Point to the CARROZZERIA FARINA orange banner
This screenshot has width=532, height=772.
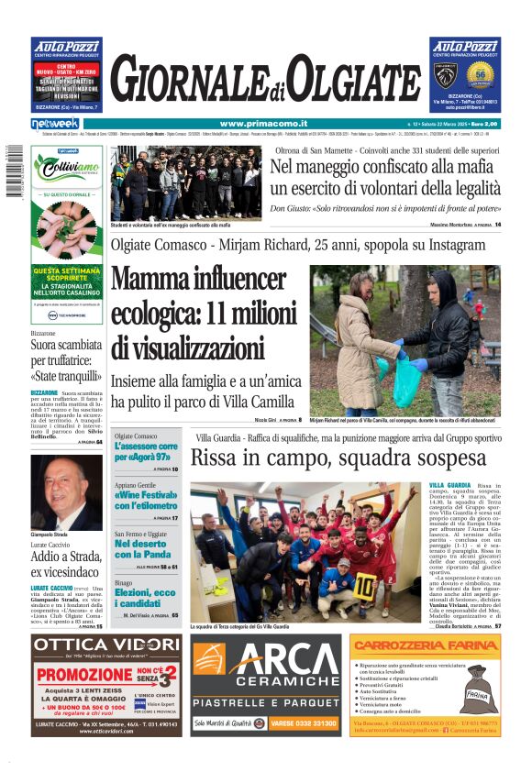(x=424, y=645)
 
